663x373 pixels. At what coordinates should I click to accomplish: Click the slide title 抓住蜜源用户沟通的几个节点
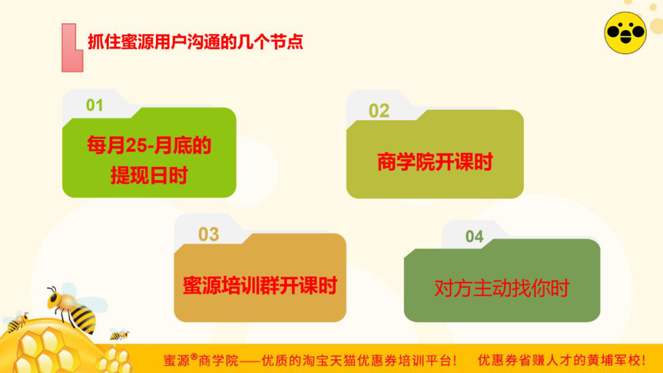point(195,42)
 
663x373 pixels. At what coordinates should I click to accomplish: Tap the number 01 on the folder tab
point(95,105)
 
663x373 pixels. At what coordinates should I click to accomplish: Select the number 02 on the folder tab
point(379,111)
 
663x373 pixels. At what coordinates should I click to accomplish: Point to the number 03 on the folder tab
point(209,234)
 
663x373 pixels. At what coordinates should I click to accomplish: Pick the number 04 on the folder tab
point(475,237)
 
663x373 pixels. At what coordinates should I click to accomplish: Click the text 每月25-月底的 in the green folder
point(149,145)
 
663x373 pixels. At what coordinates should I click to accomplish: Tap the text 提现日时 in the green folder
point(149,175)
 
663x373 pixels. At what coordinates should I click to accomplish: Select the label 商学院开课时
point(435,162)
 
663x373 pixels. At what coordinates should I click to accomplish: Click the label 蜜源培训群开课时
point(260,285)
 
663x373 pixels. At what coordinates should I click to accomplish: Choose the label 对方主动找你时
point(502,288)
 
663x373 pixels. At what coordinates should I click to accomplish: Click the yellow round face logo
point(626,33)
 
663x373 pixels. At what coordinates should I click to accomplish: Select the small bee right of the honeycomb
point(119,334)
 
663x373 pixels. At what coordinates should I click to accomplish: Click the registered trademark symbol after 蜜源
point(194,357)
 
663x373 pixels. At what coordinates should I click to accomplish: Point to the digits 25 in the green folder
point(136,146)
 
